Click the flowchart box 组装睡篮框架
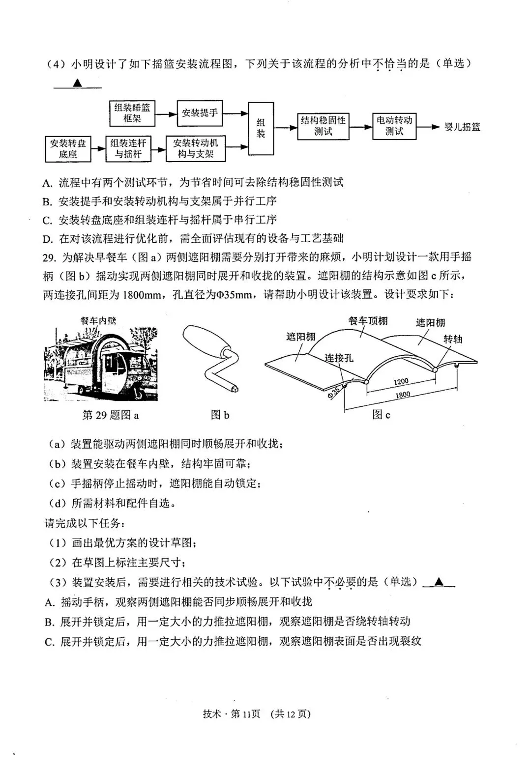tap(132, 113)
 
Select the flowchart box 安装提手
tap(199, 113)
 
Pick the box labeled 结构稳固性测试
tap(323, 126)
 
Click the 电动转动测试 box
tap(394, 126)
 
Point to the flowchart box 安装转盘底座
tap(68, 149)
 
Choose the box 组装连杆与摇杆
tap(128, 148)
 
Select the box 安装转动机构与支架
tap(195, 148)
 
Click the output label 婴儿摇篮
tap(462, 127)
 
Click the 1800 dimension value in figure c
tap(402, 394)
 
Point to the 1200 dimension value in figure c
tap(401, 381)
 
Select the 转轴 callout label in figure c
tap(452, 339)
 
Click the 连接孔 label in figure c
tap(338, 357)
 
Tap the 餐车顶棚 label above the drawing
tap(367, 321)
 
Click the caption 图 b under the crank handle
tap(220, 415)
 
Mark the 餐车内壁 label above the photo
tap(98, 320)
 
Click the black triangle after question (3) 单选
tap(439, 582)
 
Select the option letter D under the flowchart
tap(48, 239)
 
